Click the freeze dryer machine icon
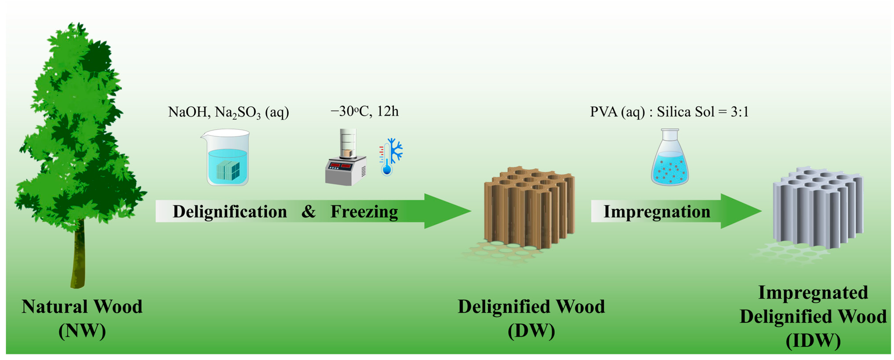click(x=346, y=160)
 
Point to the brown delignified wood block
click(x=529, y=208)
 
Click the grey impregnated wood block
click(x=817, y=208)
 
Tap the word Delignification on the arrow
click(x=230, y=211)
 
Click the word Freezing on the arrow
click(x=364, y=211)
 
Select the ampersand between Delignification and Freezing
click(x=308, y=211)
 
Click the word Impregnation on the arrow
click(x=657, y=211)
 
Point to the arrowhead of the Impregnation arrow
click(x=739, y=211)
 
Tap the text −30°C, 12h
click(x=364, y=111)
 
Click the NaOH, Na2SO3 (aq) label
click(x=228, y=112)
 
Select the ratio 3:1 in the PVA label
click(x=739, y=112)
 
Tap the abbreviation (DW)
click(x=531, y=331)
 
